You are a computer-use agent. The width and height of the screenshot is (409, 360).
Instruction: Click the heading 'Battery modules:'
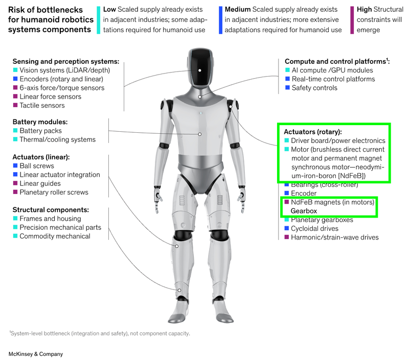click(40, 122)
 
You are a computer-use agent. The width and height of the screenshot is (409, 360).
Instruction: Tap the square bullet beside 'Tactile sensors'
click(15, 105)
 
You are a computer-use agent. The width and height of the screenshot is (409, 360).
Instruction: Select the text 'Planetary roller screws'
click(54, 192)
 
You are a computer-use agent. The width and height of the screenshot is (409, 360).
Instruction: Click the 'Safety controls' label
click(314, 88)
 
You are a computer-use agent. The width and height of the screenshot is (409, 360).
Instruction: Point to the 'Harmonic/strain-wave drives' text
click(335, 237)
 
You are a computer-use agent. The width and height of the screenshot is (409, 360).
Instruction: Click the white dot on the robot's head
click(200, 70)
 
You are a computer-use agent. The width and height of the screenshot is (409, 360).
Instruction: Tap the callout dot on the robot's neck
click(199, 97)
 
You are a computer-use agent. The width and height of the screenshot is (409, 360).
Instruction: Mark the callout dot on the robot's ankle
click(179, 290)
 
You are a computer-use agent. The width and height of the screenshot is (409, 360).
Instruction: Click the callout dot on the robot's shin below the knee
click(177, 246)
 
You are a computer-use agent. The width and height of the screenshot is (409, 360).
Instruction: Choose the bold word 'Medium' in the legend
click(238, 9)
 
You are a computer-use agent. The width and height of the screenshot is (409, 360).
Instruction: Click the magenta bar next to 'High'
click(352, 20)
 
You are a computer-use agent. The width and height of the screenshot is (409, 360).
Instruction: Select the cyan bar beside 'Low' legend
click(98, 20)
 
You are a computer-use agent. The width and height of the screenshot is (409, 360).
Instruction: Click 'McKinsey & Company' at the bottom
click(36, 354)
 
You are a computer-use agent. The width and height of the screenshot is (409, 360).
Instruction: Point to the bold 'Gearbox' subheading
click(304, 211)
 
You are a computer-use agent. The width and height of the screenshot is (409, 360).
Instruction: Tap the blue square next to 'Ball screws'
click(15, 165)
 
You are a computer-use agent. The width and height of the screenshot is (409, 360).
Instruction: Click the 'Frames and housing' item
click(50, 219)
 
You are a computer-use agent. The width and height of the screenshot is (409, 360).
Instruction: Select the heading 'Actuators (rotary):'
click(313, 132)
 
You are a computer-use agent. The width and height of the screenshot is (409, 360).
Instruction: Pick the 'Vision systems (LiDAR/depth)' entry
click(65, 70)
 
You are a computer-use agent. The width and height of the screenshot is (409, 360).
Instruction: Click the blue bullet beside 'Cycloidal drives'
click(287, 228)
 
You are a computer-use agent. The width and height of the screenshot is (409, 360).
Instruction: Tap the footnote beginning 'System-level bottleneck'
click(100, 333)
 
